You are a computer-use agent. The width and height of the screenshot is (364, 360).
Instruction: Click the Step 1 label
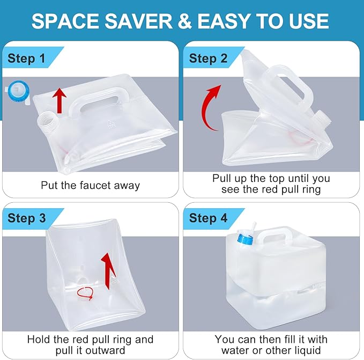pos(26,58)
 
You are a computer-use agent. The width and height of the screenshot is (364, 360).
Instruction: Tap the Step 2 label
pos(208,58)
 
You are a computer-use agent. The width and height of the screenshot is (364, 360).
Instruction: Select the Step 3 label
pos(26,218)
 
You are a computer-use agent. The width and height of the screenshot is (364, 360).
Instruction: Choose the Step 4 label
pos(208,218)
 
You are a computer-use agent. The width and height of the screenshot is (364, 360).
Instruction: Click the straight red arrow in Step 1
pos(60,100)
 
